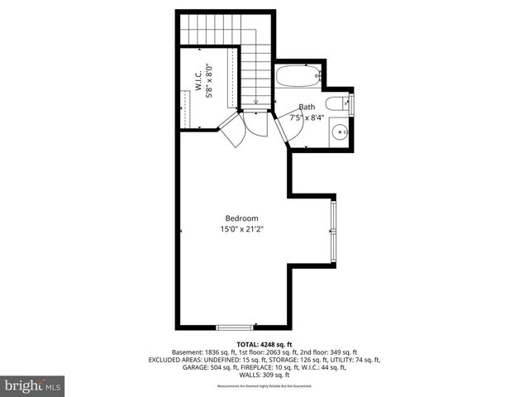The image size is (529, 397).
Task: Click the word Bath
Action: click(x=307, y=107)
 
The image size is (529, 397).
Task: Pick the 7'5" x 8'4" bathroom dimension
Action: click(x=306, y=117)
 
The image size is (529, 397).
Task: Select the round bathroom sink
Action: click(x=341, y=131)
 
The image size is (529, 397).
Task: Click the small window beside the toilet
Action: click(x=353, y=105)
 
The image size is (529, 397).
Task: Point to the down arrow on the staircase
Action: click(x=256, y=103)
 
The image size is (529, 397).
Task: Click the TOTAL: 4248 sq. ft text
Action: click(x=264, y=344)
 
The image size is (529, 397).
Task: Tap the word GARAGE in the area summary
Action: click(x=197, y=367)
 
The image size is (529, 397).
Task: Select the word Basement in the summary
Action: click(x=189, y=352)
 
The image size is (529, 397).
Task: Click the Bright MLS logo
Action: click(x=33, y=386)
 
